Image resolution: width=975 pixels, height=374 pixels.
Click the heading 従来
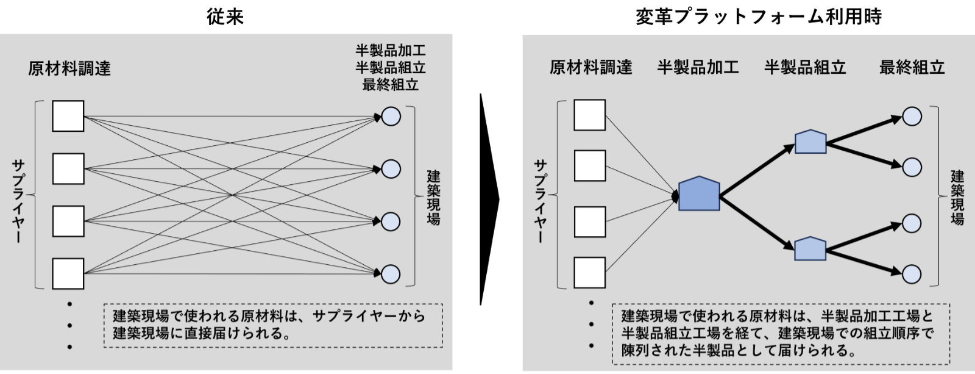(225, 16)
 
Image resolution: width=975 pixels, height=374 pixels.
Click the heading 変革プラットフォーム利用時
(759, 16)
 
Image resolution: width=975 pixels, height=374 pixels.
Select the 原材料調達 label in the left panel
(69, 68)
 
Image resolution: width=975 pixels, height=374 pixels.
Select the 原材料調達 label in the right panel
(590, 67)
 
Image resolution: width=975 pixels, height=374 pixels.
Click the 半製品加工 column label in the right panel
(698, 67)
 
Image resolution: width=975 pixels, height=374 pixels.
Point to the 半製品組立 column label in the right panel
(805, 67)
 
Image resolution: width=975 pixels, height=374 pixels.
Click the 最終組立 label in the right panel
(912, 67)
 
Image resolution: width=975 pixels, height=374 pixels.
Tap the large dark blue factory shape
(699, 194)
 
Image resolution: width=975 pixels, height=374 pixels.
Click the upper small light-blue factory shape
(810, 142)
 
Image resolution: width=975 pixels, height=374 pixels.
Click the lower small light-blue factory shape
(810, 249)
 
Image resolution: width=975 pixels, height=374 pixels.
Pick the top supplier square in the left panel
(68, 116)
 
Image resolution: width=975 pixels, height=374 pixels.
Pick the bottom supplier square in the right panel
(589, 273)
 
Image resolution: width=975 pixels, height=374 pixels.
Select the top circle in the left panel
(391, 117)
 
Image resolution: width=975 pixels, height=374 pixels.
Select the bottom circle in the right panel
(912, 274)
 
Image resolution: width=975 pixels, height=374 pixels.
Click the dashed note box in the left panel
(273, 325)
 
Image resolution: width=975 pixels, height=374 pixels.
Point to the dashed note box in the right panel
(781, 333)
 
